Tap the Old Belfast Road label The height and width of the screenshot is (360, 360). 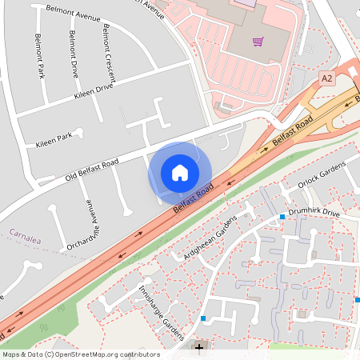click(92, 169)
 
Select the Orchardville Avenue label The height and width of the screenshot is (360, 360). click(82, 225)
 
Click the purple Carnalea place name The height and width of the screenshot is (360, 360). click(25, 234)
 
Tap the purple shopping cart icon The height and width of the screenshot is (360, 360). click(258, 42)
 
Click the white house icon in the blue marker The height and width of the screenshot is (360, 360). click(180, 172)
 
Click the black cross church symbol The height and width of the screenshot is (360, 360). click(199, 350)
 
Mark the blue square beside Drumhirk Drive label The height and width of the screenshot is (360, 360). click(282, 217)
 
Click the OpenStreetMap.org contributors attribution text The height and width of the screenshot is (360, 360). click(104, 354)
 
